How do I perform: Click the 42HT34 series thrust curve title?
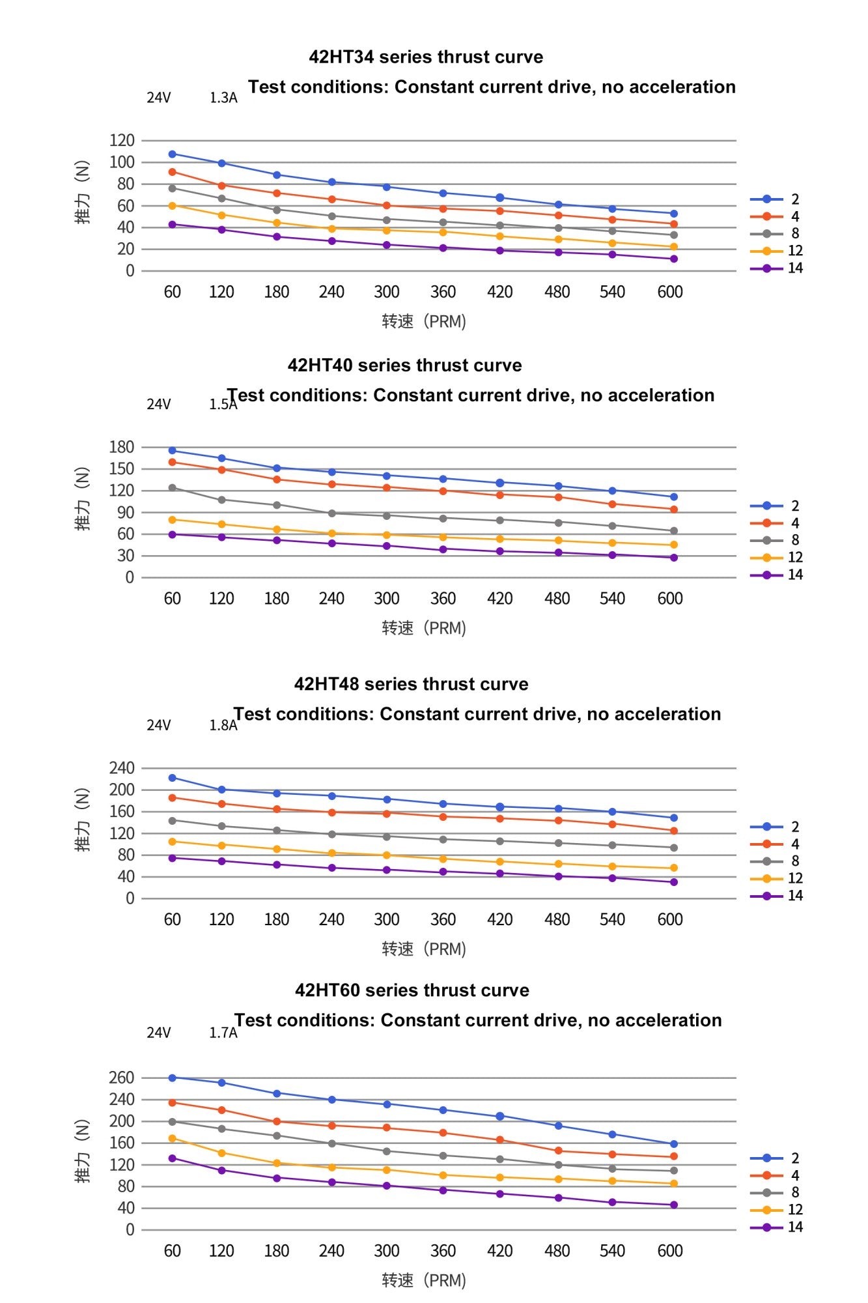tap(426, 57)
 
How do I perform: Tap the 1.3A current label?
tap(223, 98)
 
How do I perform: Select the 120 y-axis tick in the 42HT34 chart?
tap(122, 140)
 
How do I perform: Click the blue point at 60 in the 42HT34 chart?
tap(172, 154)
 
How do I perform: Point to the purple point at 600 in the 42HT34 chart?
tap(674, 259)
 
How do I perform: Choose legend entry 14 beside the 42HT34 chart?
tap(777, 268)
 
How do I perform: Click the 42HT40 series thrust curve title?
tap(405, 365)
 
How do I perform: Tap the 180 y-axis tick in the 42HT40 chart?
tap(122, 447)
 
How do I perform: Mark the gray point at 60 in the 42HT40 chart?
tap(172, 487)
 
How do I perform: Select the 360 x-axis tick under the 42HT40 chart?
tap(443, 599)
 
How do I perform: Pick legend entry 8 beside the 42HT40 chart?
tap(775, 540)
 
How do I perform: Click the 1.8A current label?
tap(223, 725)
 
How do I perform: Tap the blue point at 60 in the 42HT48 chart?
tap(172, 778)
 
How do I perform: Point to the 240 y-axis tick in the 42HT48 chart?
tap(122, 768)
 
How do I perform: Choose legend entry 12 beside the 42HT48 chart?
tap(777, 878)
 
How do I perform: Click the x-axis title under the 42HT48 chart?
tap(424, 949)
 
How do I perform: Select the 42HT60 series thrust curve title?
tap(412, 990)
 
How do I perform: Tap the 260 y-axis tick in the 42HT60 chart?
tap(122, 1078)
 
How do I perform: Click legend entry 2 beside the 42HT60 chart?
tap(775, 1158)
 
